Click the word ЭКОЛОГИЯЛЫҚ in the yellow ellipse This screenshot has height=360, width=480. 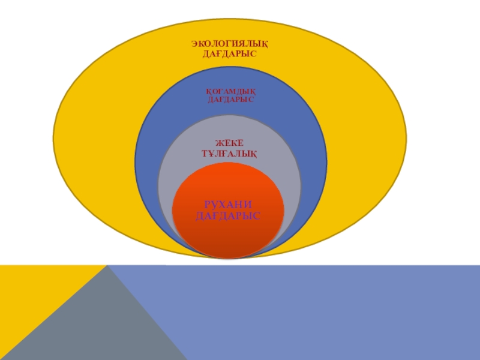pos(229,43)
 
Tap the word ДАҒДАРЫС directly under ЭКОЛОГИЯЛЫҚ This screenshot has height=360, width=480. pos(229,53)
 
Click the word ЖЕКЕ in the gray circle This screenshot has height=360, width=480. pos(229,143)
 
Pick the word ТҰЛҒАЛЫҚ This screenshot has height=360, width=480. pos(229,154)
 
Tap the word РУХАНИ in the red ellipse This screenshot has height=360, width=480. pos(229,204)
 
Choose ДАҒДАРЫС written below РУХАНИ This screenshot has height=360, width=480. pos(229,215)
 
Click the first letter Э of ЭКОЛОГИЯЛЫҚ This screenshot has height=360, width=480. pos(194,43)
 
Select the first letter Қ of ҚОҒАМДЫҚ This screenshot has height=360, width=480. pos(209,91)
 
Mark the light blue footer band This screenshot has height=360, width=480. pos(330,312)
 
